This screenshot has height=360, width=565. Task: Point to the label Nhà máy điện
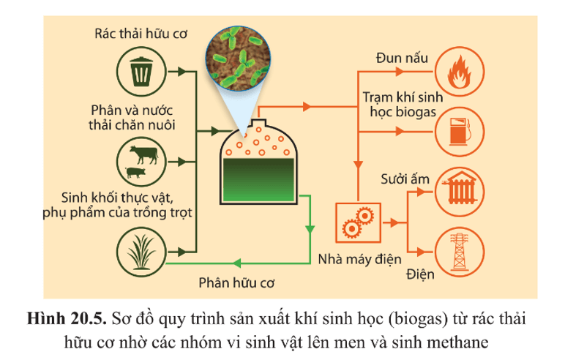tap(355, 258)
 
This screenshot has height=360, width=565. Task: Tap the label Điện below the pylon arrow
tap(421, 276)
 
